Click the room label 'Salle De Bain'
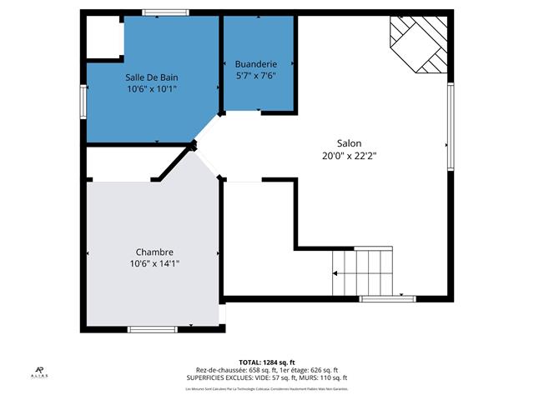152,77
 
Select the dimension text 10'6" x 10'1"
152,89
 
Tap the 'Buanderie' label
255,63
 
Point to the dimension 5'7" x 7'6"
255,75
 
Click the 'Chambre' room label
154,252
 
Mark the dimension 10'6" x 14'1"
154,263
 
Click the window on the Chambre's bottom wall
152,329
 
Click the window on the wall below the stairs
386,298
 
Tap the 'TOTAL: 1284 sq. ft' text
267,362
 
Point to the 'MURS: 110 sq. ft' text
320,377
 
